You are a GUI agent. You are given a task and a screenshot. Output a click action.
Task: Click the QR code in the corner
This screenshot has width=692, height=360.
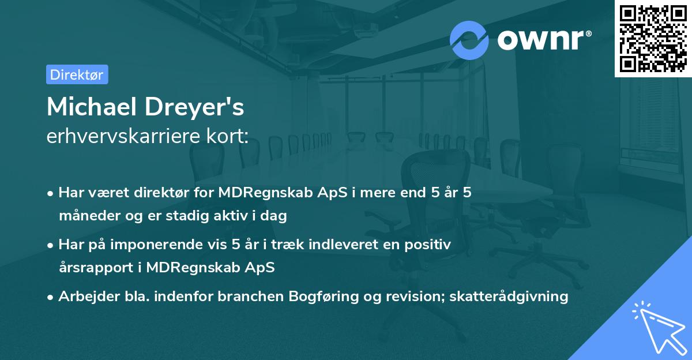(652, 39)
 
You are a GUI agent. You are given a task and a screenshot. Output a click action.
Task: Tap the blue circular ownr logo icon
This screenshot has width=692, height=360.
(469, 40)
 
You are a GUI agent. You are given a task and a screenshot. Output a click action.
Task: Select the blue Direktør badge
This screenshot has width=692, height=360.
(77, 74)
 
